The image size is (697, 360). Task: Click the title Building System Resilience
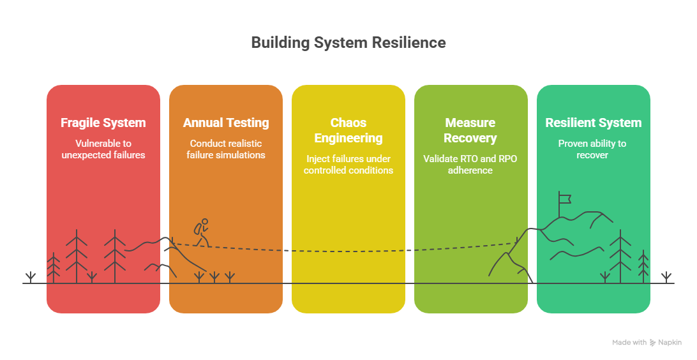click(x=348, y=43)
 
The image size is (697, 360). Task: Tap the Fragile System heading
click(x=103, y=123)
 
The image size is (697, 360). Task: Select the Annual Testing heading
click(x=226, y=123)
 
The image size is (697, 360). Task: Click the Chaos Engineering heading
click(x=348, y=130)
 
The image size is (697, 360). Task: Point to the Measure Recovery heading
click(x=470, y=130)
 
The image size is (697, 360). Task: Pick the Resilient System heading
click(x=594, y=123)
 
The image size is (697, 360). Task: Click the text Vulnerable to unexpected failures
click(x=103, y=149)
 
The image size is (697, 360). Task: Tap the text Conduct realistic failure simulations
click(x=226, y=149)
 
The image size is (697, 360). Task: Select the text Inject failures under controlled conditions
click(x=348, y=165)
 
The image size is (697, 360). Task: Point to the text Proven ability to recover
click(x=592, y=149)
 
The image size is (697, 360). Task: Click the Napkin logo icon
click(x=652, y=343)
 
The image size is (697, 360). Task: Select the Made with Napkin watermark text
click(x=647, y=343)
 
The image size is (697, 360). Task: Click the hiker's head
click(x=204, y=221)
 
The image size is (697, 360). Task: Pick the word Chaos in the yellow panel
click(x=348, y=123)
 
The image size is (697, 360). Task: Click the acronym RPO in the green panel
click(x=507, y=159)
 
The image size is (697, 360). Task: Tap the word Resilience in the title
click(x=409, y=43)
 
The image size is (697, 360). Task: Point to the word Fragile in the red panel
click(x=80, y=123)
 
